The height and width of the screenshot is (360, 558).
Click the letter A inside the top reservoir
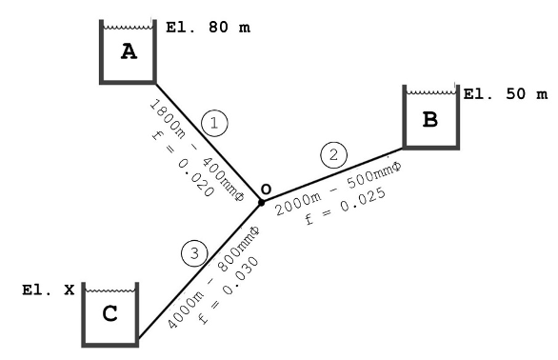click(129, 52)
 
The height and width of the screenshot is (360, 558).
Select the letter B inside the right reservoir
click(429, 121)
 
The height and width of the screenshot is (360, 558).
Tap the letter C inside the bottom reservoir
click(110, 314)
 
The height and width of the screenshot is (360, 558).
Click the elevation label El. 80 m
click(208, 28)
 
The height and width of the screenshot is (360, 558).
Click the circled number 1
click(214, 122)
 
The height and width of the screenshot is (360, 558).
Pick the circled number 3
click(193, 252)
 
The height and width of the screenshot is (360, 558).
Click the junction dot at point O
click(261, 202)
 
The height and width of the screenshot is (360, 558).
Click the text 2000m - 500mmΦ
click(336, 187)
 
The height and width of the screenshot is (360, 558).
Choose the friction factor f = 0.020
click(174, 163)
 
